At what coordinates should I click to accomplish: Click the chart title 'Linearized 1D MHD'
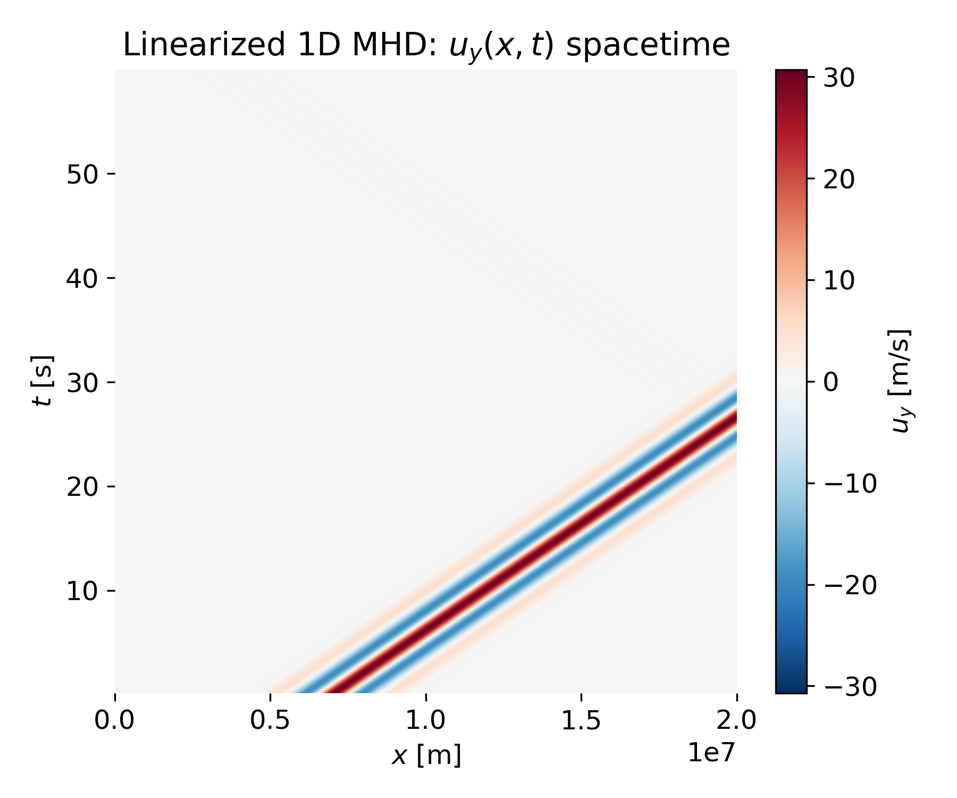426,45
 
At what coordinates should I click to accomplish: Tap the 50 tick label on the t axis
82,174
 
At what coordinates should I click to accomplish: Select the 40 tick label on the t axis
82,278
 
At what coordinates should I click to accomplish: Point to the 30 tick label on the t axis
82,383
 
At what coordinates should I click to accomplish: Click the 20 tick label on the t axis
82,487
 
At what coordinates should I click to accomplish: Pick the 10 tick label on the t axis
82,591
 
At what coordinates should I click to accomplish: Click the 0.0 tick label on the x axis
115,721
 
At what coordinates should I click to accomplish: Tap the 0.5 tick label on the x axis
271,721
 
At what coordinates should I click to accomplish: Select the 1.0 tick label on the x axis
426,721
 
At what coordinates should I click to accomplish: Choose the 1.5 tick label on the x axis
581,721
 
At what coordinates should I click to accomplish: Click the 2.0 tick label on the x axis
736,721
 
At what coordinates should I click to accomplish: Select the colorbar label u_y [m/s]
900,381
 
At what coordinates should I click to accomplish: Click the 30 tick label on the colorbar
839,78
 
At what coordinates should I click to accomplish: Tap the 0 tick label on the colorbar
831,382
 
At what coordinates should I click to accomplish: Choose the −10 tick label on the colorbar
850,484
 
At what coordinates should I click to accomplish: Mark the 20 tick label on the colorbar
839,179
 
